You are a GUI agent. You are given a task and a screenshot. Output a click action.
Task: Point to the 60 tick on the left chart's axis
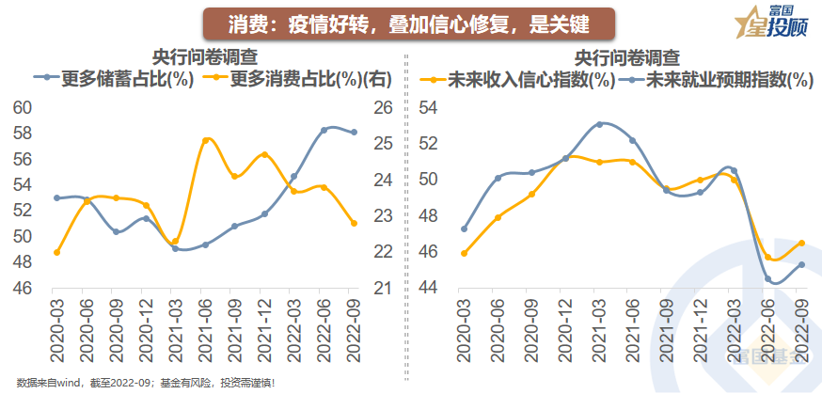tap(22, 108)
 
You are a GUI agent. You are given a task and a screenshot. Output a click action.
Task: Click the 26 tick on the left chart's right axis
tap(383, 108)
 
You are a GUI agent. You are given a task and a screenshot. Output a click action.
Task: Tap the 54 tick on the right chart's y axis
tap(429, 108)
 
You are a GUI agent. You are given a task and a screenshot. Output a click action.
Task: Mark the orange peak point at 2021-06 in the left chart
tap(207, 140)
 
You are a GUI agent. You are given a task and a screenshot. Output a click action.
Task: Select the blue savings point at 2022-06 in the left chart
tap(324, 130)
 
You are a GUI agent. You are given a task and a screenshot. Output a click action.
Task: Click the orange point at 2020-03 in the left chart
tap(56, 252)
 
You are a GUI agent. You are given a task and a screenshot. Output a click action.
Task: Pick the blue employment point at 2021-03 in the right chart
tap(600, 124)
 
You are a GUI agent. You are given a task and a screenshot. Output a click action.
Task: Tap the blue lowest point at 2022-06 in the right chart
tap(768, 279)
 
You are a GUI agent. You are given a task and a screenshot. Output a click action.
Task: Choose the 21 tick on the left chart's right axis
tap(383, 289)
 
